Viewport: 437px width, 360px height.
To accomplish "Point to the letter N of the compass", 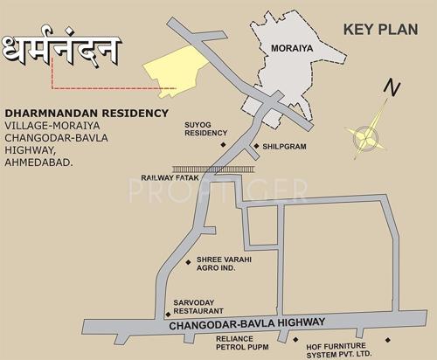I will [x=393, y=88].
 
